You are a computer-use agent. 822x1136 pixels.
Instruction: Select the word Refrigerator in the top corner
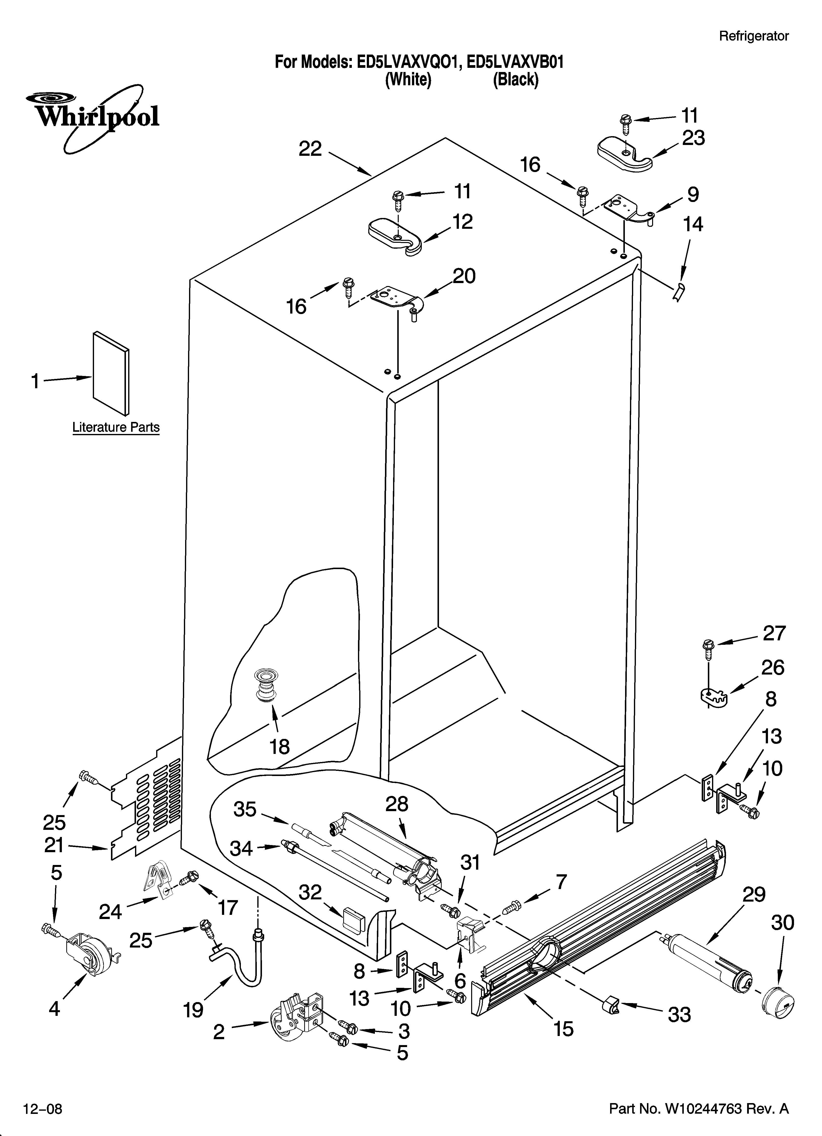click(753, 36)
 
